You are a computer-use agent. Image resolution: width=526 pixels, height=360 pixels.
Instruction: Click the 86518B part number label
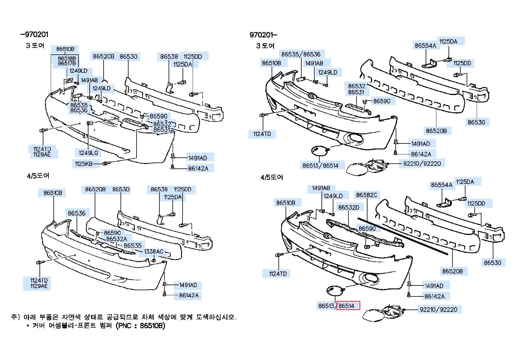click(x=67, y=59)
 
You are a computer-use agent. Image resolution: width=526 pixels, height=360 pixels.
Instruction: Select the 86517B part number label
click(x=67, y=63)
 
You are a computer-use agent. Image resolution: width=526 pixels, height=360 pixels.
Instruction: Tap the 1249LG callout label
click(x=88, y=153)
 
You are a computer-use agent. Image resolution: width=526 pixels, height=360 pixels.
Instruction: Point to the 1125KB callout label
click(x=84, y=164)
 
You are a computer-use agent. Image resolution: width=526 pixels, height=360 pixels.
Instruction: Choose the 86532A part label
click(x=116, y=239)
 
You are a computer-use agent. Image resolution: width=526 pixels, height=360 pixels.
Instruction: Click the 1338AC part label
click(x=153, y=252)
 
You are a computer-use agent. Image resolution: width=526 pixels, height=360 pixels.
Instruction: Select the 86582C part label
click(x=367, y=195)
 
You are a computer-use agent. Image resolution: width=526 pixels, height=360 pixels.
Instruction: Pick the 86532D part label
click(x=349, y=207)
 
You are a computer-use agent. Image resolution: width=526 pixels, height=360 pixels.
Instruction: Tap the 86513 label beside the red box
click(x=326, y=306)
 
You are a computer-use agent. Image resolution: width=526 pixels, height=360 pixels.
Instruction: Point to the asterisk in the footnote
click(x=28, y=326)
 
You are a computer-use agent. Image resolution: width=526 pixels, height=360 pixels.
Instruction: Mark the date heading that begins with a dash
click(x=34, y=34)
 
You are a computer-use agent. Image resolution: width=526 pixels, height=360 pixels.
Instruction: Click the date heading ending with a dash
click(x=263, y=35)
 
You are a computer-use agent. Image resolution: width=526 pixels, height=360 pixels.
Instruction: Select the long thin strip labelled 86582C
click(x=403, y=236)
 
